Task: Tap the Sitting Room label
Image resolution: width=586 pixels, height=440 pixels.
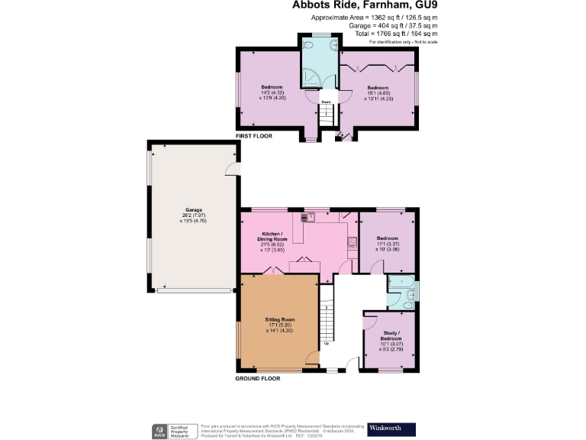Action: (x=279, y=319)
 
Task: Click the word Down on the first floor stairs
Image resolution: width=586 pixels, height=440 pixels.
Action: (x=325, y=101)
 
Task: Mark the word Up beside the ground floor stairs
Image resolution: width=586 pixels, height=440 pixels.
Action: (x=327, y=344)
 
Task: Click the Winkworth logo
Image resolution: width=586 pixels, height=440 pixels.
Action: (x=391, y=428)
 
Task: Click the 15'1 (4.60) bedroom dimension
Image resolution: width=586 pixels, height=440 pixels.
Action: (x=378, y=93)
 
